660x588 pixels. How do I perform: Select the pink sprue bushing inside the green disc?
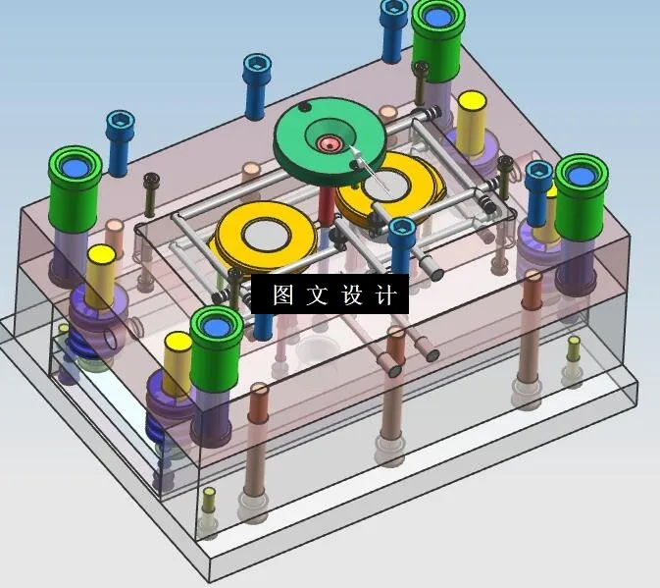click(328, 144)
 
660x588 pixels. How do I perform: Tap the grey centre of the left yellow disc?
click(266, 235)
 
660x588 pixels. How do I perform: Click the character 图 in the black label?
click(282, 295)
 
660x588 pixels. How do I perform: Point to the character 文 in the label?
click(317, 295)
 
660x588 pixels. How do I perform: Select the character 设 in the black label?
click(352, 295)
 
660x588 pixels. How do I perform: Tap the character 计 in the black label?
click(386, 295)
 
